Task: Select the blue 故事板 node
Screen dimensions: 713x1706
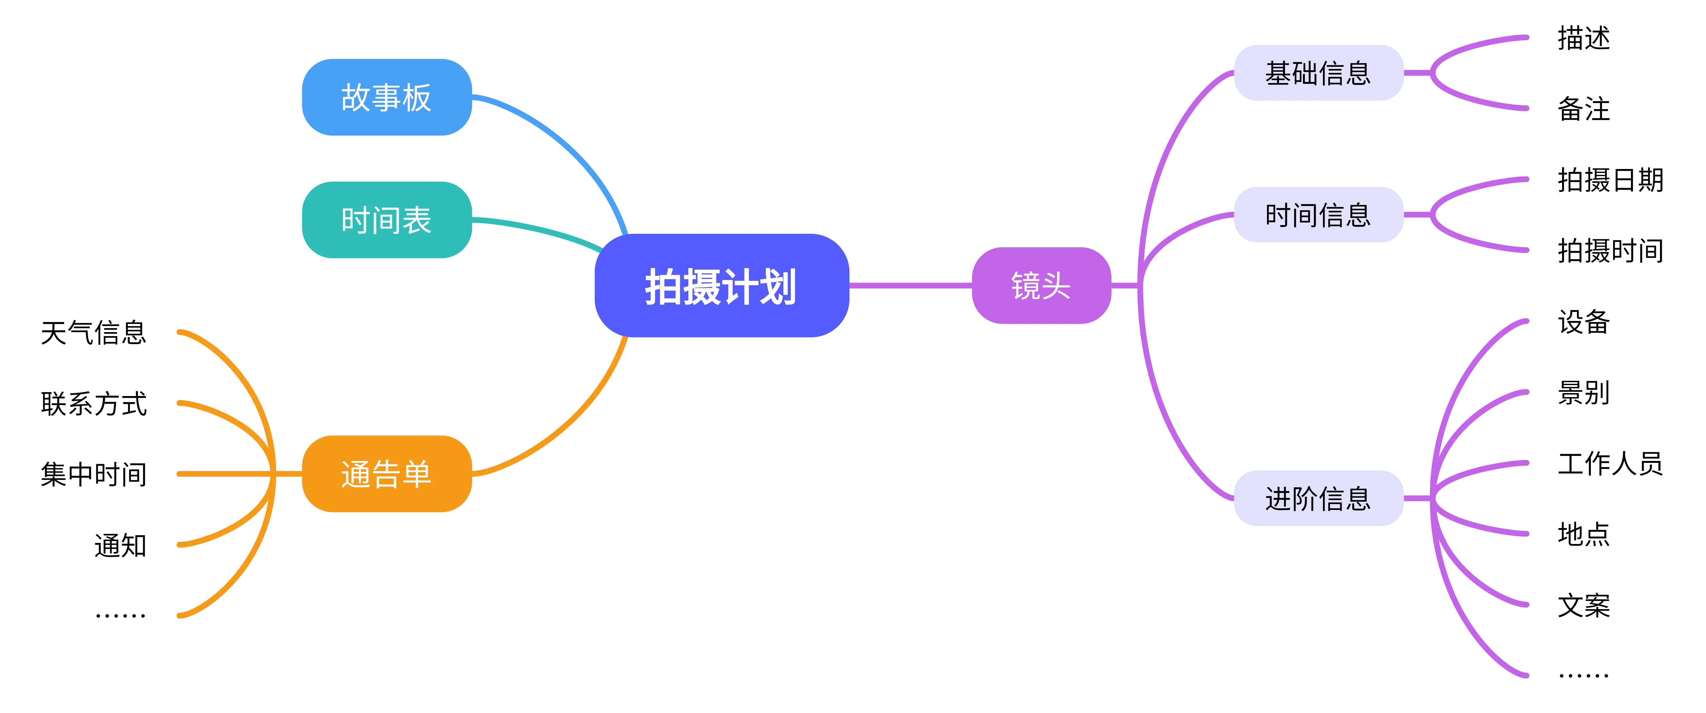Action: click(x=387, y=97)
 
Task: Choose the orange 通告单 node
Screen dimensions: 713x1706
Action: click(x=387, y=474)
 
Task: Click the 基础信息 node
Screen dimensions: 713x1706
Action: click(x=1318, y=73)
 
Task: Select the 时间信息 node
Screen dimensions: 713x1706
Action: click(x=1318, y=215)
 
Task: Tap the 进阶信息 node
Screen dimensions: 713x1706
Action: click(x=1318, y=498)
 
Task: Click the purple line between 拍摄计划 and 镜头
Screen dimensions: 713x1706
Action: click(x=911, y=286)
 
